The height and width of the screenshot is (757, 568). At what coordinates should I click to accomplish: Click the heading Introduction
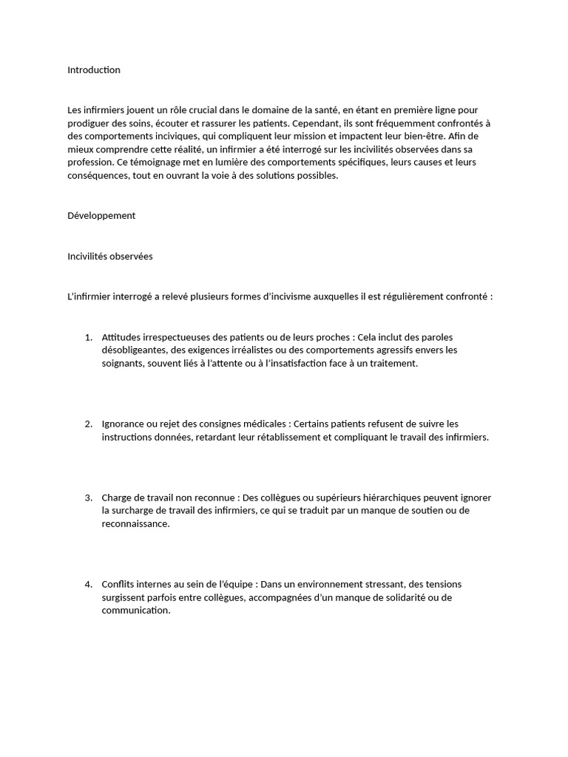(93, 70)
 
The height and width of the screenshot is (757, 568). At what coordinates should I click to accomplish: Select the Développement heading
(101, 216)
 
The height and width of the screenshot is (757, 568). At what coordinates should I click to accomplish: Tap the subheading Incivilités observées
(109, 257)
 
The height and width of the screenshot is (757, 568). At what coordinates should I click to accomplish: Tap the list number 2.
(88, 424)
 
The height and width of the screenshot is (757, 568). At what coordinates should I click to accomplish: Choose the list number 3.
(88, 498)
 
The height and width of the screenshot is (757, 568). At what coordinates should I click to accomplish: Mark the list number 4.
(88, 584)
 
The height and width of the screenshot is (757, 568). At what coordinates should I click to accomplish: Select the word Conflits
(118, 584)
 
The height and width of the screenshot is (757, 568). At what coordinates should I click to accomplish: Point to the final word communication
(135, 611)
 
